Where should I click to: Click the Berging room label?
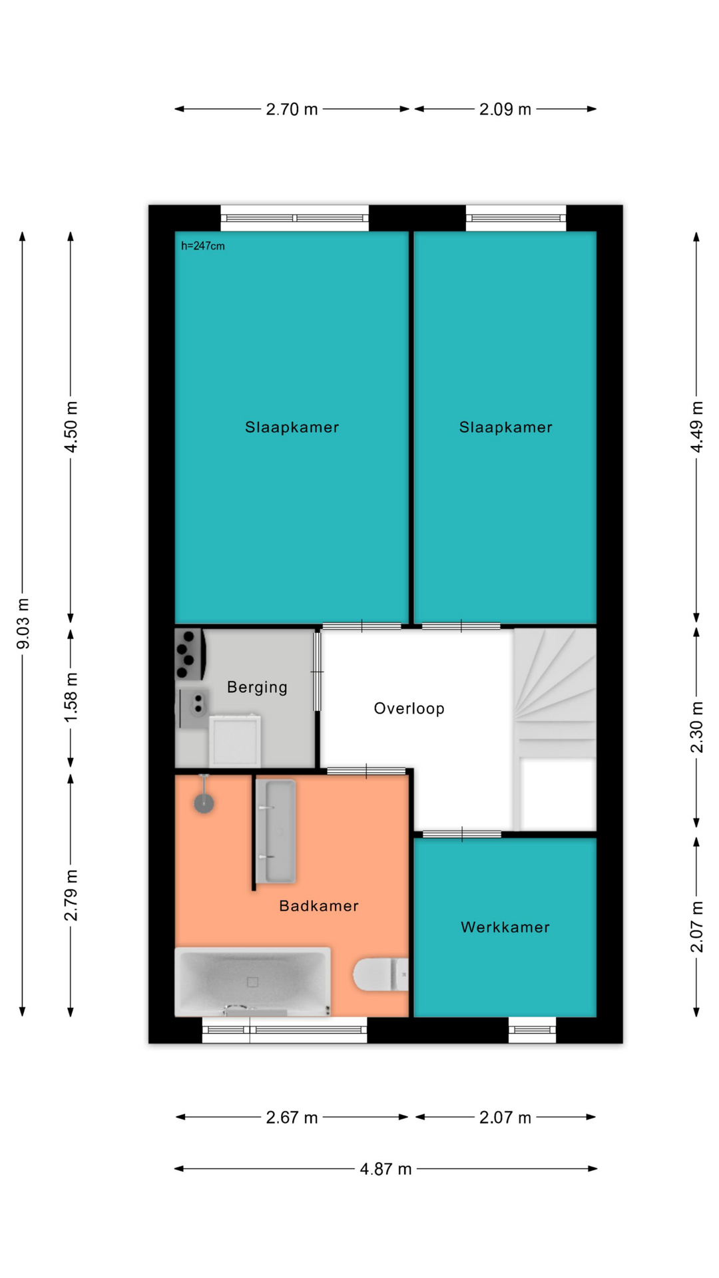point(257,688)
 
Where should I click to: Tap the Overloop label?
point(409,708)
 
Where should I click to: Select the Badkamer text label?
point(319,906)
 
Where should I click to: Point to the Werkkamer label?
point(505,927)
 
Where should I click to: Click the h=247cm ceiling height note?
point(203,246)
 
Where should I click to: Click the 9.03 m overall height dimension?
point(23,624)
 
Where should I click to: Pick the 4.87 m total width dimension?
point(385,1169)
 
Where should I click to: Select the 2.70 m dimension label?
point(292,109)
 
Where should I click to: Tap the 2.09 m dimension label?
point(505,109)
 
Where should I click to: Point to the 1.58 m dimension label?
point(71,698)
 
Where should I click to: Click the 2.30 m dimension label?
point(696,728)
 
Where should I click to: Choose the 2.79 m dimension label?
point(71,895)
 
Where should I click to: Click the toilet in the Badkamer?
point(381,974)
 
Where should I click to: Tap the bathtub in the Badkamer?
point(252,982)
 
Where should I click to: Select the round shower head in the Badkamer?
point(204,803)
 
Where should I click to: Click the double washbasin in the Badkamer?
point(276,831)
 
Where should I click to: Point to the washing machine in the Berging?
point(234,741)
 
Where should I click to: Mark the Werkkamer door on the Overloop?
point(461,834)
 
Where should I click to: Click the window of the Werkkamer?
point(532,1030)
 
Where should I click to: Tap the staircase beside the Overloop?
point(555,730)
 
